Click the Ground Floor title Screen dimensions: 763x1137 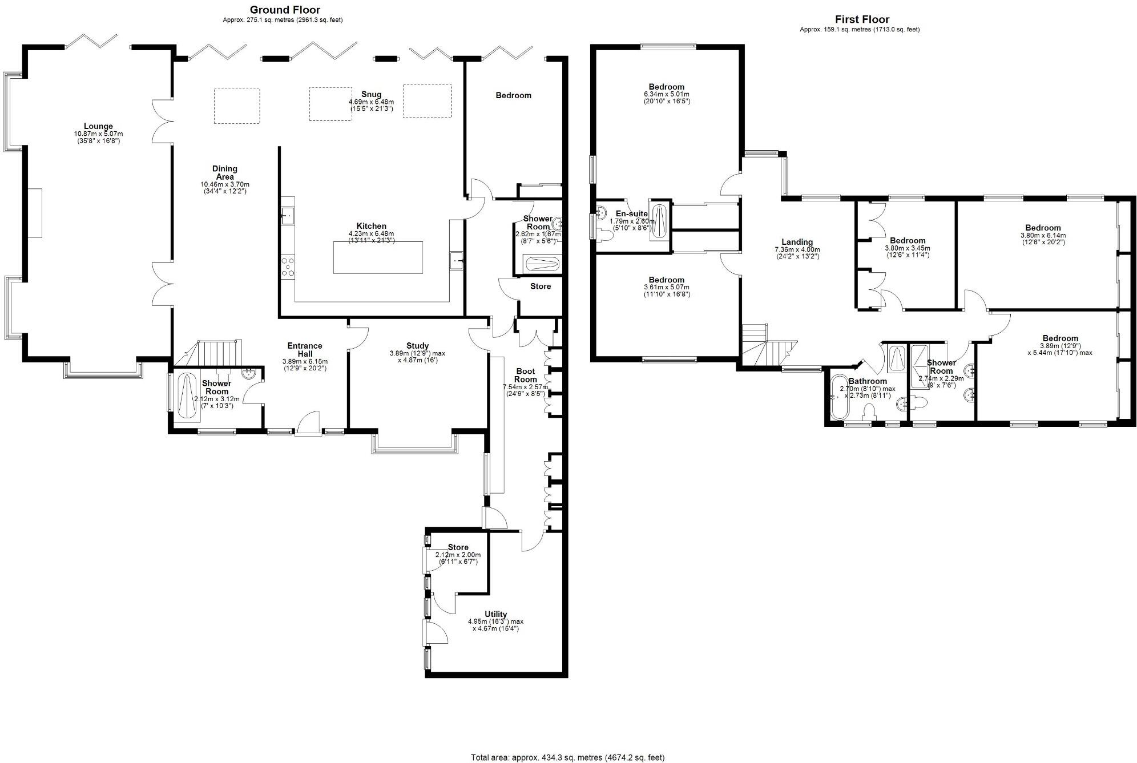pyautogui.click(x=285, y=10)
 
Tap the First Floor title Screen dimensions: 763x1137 pyautogui.click(x=862, y=19)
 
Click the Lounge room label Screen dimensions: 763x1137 pyautogui.click(x=98, y=127)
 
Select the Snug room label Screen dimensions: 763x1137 pyautogui.click(x=371, y=95)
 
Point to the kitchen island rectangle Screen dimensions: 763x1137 pyautogui.click(x=378, y=258)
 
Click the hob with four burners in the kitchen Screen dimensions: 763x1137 pyautogui.click(x=288, y=267)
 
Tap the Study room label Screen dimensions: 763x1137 pyautogui.click(x=417, y=346)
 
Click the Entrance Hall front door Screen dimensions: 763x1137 pyautogui.click(x=309, y=425)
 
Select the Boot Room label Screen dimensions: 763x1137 pyautogui.click(x=525, y=375)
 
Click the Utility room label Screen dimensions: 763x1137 pyautogui.click(x=495, y=615)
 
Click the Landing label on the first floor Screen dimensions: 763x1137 pyautogui.click(x=797, y=242)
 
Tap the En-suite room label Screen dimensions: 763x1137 pyautogui.click(x=631, y=214)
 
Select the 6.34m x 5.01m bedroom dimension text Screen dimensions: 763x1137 pyautogui.click(x=666, y=94)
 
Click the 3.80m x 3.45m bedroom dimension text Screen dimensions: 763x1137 pyautogui.click(x=907, y=248)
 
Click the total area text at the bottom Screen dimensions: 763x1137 pyautogui.click(x=567, y=758)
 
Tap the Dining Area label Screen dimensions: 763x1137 pyautogui.click(x=224, y=172)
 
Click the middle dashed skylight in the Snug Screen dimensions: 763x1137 pyautogui.click(x=330, y=104)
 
